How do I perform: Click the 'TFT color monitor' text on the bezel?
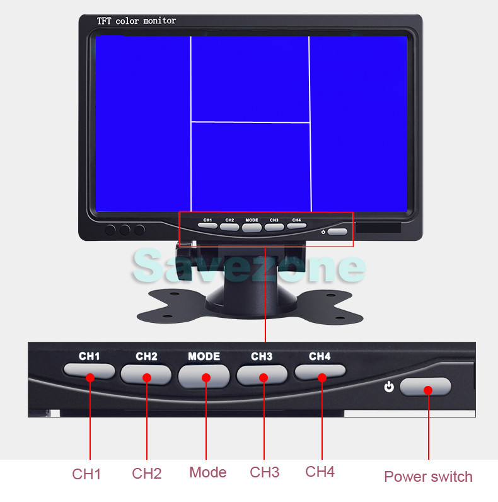click(137, 21)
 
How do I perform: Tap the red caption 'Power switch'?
click(428, 477)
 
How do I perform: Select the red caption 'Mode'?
click(208, 472)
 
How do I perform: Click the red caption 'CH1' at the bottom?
click(86, 474)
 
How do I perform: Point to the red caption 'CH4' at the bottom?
click(320, 472)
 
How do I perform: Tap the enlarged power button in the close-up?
click(426, 387)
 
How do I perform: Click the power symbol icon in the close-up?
click(389, 387)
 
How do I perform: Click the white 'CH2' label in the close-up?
click(147, 356)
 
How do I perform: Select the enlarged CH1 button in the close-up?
click(90, 371)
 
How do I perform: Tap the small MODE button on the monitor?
click(252, 227)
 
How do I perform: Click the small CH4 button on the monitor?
click(297, 226)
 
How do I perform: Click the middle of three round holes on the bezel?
click(125, 230)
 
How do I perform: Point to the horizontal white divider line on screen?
click(250, 122)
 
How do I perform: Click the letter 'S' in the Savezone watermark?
click(148, 266)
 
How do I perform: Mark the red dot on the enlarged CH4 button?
click(322, 378)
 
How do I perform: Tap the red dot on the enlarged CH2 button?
click(147, 378)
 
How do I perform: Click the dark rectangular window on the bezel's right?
click(378, 228)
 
